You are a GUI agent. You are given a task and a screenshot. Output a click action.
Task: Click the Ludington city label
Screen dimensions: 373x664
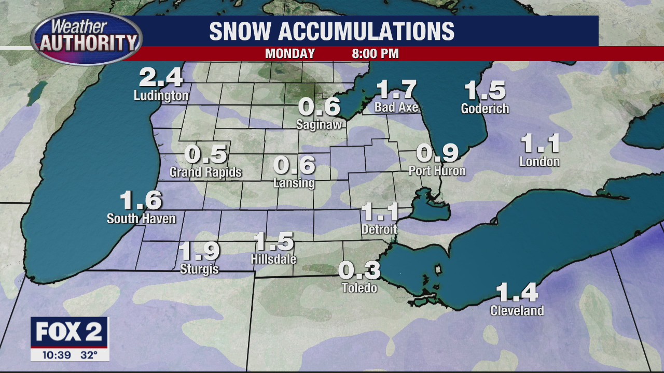[x=161, y=96]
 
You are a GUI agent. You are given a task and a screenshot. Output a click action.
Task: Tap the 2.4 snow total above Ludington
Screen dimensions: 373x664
[x=161, y=78]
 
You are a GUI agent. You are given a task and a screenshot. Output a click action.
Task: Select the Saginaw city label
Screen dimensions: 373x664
[x=319, y=124]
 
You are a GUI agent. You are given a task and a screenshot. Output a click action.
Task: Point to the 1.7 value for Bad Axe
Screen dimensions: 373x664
[x=396, y=89]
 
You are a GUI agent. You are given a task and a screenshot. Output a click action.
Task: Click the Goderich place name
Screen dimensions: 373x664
[x=485, y=108]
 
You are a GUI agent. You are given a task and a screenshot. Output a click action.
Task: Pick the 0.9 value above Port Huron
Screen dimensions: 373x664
[x=437, y=153]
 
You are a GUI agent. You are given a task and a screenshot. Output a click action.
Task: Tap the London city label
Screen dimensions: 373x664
[x=539, y=162]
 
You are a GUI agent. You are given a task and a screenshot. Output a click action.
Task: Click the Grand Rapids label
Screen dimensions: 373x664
[x=206, y=172]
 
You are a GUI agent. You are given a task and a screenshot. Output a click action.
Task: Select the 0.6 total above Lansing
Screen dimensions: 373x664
[x=294, y=165]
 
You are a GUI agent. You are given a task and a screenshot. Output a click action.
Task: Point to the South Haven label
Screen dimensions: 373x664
[x=141, y=219]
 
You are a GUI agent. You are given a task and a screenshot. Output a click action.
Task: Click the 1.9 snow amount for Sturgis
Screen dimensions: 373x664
[x=199, y=251]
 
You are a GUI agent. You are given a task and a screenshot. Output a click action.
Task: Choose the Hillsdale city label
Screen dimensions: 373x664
[x=273, y=259]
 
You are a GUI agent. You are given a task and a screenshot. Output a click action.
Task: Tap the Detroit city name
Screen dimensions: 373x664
[x=379, y=229]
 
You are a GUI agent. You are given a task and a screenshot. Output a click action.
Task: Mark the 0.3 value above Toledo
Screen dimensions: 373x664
[x=359, y=270]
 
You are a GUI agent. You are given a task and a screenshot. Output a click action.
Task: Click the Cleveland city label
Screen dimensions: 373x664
[x=517, y=311]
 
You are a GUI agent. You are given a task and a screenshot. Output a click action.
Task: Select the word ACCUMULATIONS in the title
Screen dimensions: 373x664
[x=366, y=32]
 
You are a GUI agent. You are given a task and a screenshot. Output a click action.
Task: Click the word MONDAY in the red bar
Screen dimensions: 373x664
[x=290, y=54]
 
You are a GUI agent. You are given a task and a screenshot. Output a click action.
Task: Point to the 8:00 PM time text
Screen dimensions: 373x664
[x=375, y=54]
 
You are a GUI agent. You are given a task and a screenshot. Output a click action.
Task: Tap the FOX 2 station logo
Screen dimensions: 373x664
[x=69, y=332]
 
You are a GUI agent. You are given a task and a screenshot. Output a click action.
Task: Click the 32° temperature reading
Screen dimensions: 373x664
[x=89, y=355]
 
